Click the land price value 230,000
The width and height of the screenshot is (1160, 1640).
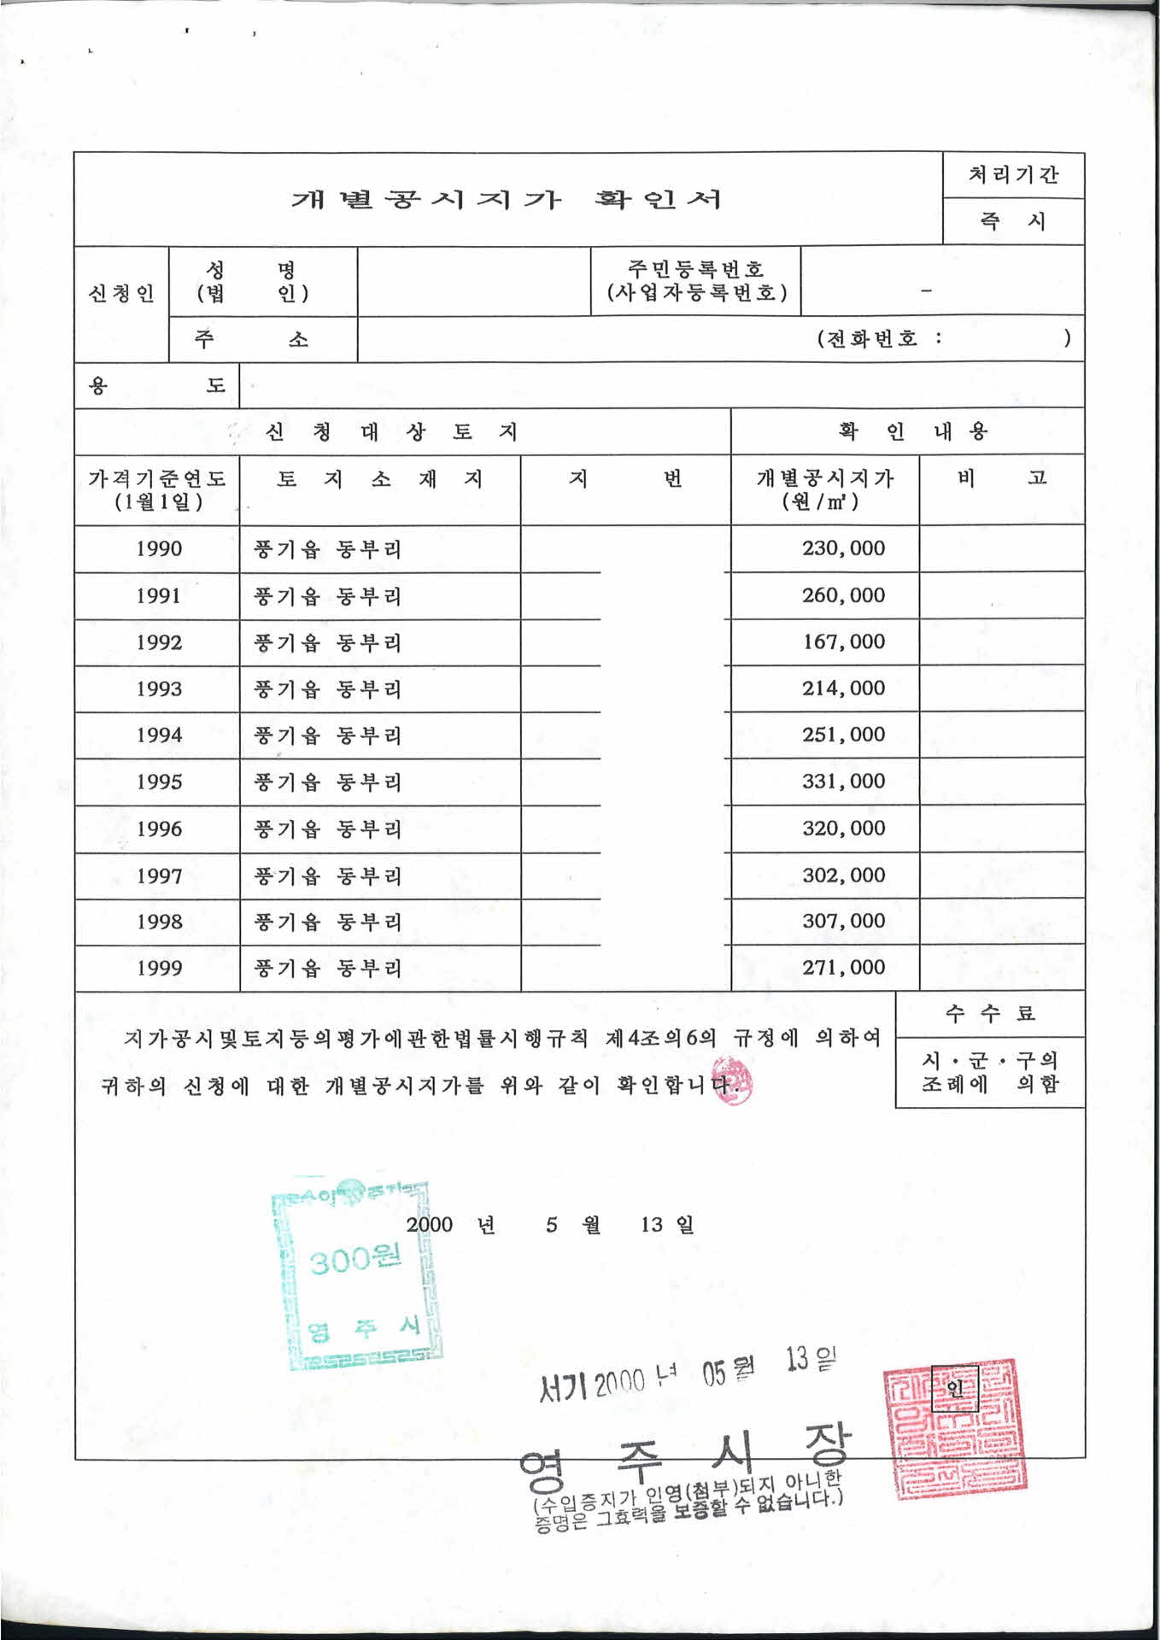(x=843, y=548)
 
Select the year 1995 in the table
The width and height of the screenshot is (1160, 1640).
(x=159, y=782)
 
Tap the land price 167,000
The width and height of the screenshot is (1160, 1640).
(x=843, y=641)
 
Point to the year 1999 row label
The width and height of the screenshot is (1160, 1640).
(x=159, y=968)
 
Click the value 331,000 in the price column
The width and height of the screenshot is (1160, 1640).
(x=843, y=781)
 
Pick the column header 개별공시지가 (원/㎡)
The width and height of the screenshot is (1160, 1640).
(x=824, y=489)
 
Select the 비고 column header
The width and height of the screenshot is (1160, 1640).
(x=1001, y=477)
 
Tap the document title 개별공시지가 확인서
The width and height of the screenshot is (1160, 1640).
(x=507, y=200)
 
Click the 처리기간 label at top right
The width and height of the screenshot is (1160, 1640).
(x=1013, y=175)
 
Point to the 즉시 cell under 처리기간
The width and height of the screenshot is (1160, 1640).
(x=1013, y=221)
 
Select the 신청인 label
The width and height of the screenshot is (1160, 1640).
(x=121, y=294)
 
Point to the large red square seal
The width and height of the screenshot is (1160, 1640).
(x=955, y=1427)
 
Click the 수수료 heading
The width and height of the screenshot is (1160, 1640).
(x=990, y=1014)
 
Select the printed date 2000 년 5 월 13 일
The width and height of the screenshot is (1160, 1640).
(x=550, y=1225)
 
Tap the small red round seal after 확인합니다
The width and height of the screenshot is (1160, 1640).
(x=732, y=1081)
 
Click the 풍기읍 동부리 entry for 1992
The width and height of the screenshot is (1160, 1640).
(x=327, y=642)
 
